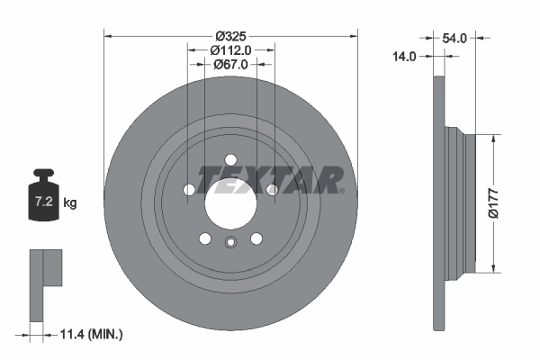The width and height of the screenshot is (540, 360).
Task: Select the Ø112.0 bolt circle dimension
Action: (x=230, y=51)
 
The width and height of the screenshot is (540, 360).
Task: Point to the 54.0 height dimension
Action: (x=455, y=39)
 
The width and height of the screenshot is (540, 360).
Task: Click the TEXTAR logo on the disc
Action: (x=270, y=179)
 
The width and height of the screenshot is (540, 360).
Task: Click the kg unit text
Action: (x=70, y=203)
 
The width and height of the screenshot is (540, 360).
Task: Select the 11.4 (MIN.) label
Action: (x=87, y=334)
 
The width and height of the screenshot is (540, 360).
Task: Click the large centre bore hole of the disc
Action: (x=230, y=205)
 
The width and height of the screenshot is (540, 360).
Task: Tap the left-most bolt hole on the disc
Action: (x=188, y=190)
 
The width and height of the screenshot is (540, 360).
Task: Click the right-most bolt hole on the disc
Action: (x=273, y=190)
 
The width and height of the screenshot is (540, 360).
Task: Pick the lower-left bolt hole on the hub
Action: (x=204, y=238)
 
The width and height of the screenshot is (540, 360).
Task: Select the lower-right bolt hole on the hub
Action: (x=256, y=238)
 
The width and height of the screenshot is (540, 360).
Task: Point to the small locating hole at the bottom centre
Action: (x=230, y=241)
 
